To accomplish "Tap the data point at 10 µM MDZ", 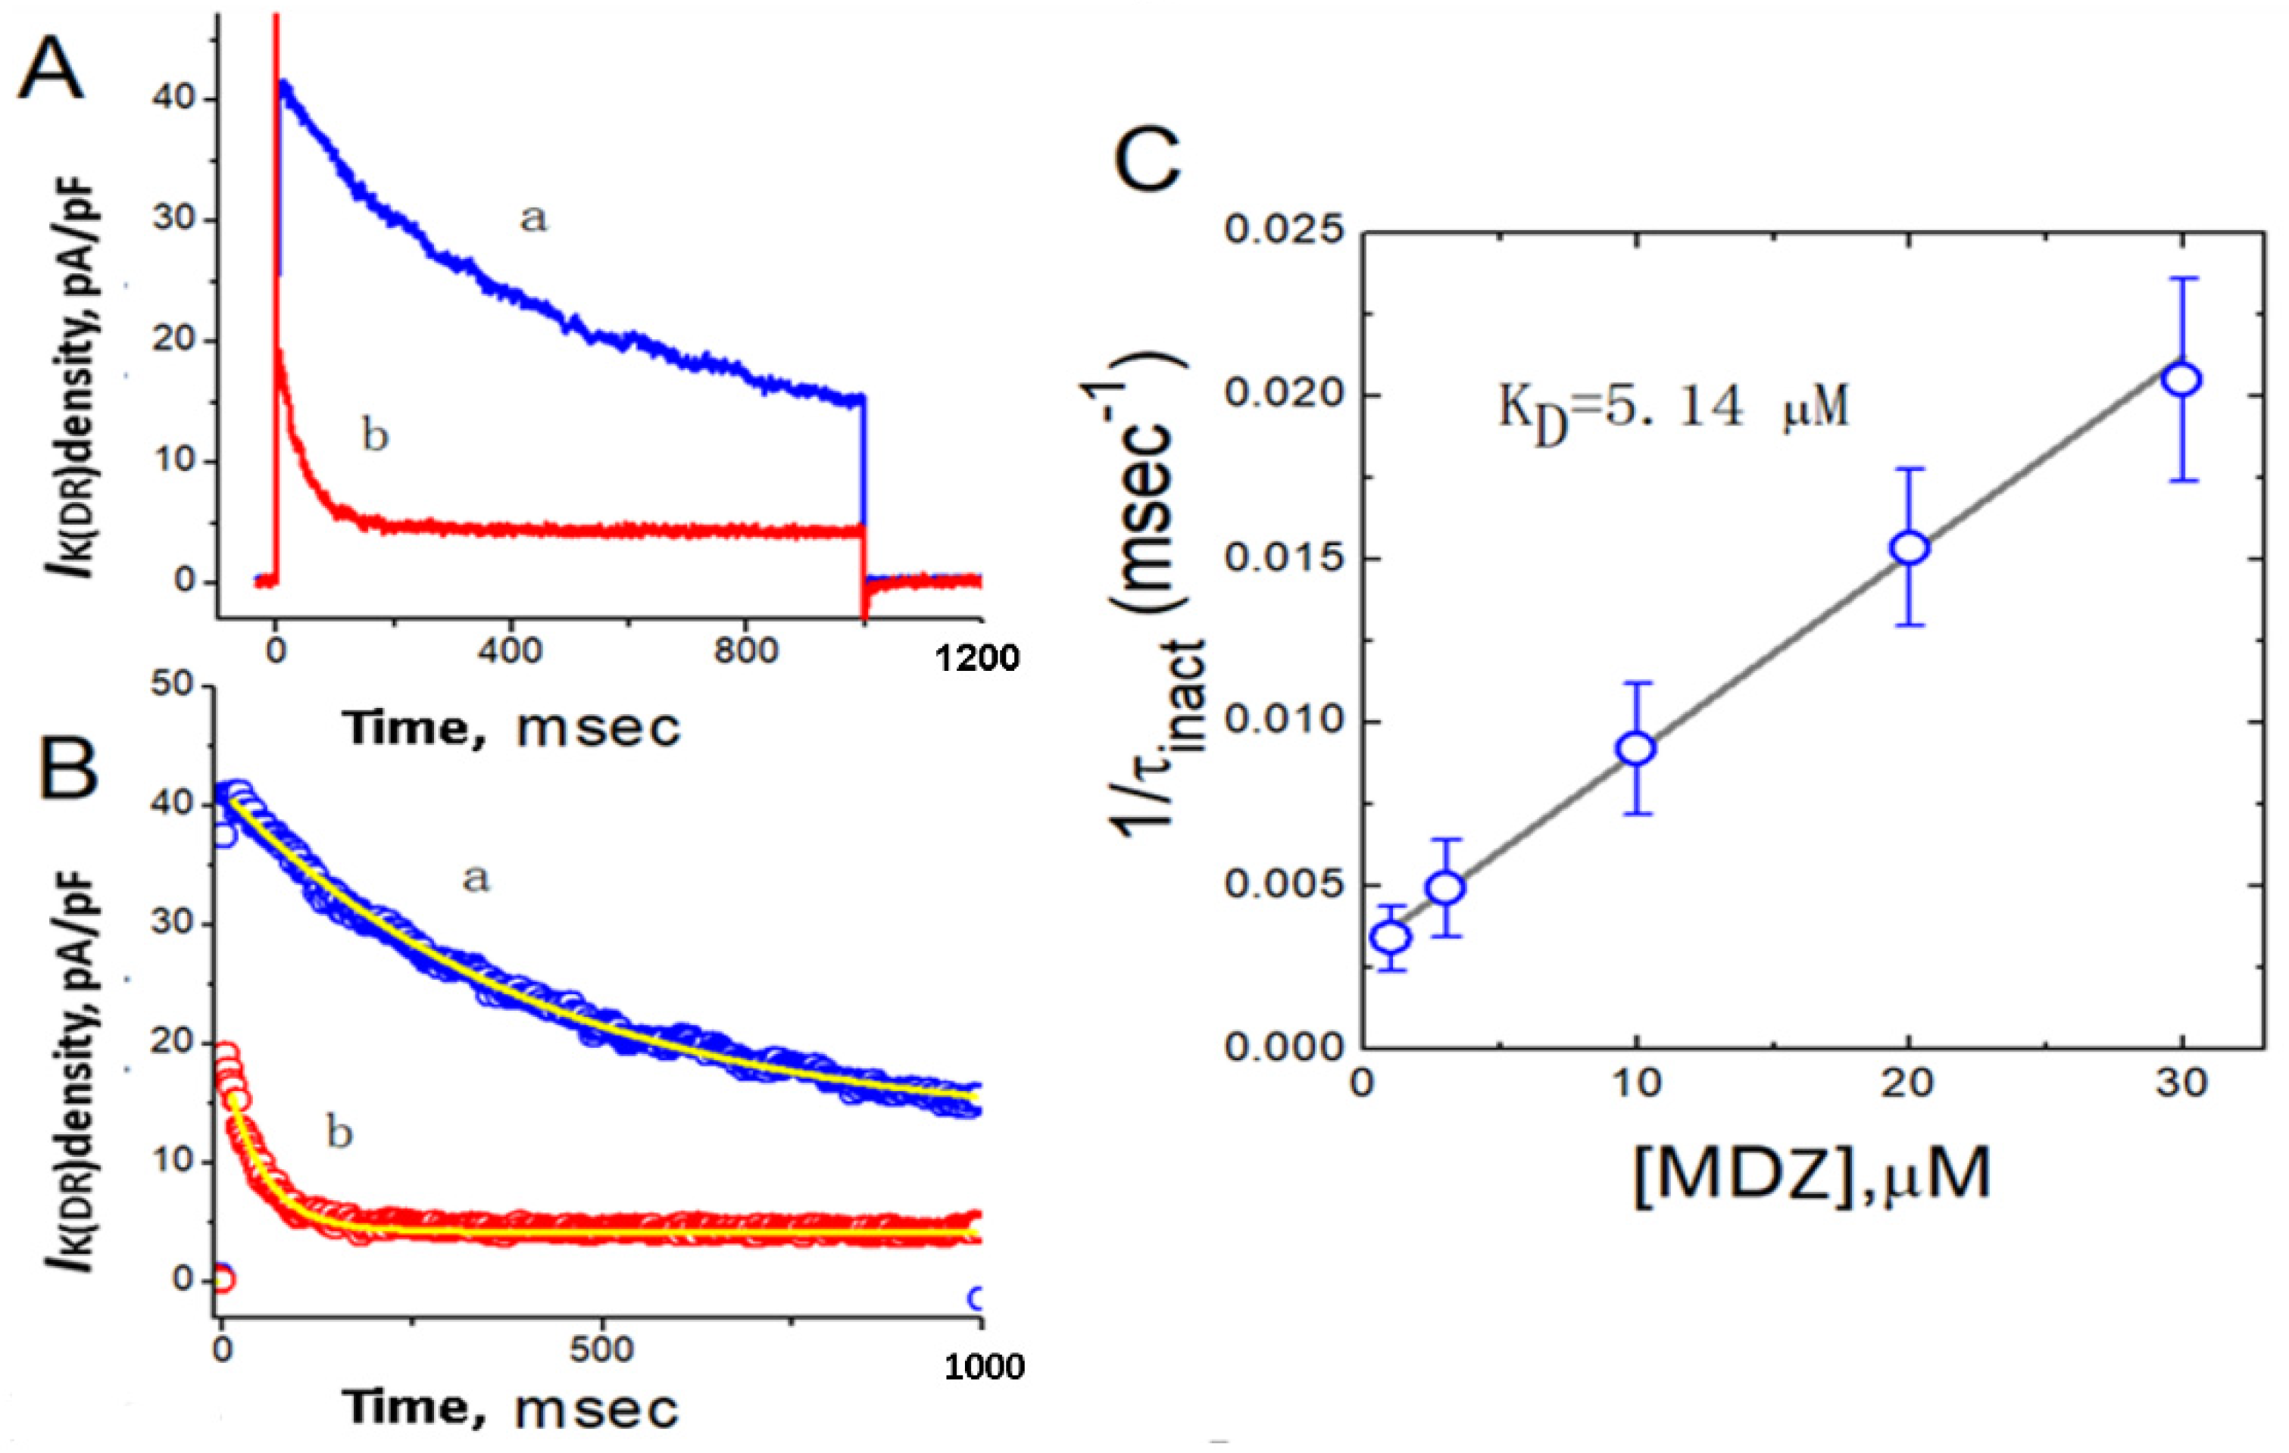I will pos(1636,749).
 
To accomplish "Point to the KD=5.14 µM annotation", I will pos(1673,409).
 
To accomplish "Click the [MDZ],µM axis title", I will pos(1812,1177).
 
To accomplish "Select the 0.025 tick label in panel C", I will pos(1286,230).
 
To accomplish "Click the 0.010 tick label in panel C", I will pos(1286,722).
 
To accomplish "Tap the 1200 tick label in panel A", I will pos(977,659).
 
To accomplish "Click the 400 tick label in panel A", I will pos(511,652).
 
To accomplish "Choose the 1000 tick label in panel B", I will pos(984,1367).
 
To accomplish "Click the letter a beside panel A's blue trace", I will pos(533,219).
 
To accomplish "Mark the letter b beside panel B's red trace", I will pos(339,1133).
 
